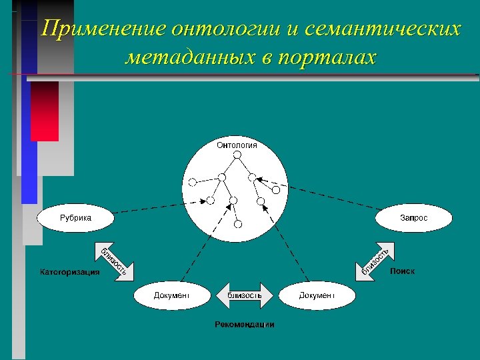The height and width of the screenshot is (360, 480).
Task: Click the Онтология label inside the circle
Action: (237, 145)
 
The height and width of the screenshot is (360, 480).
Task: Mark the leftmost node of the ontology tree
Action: (192, 181)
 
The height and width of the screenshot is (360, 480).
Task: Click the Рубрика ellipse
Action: (76, 217)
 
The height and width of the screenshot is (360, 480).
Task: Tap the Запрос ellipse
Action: (414, 217)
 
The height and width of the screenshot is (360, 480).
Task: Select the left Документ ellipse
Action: (172, 295)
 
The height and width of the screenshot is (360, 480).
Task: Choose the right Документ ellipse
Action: (317, 295)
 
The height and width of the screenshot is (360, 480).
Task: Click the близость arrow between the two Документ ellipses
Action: (244, 295)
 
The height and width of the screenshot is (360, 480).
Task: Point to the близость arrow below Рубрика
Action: (115, 259)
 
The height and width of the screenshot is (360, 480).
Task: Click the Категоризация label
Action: (70, 272)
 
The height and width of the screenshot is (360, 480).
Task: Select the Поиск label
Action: (402, 271)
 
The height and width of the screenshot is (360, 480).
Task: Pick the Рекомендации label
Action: (244, 325)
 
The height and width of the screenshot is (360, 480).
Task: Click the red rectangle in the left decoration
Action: (45, 111)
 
